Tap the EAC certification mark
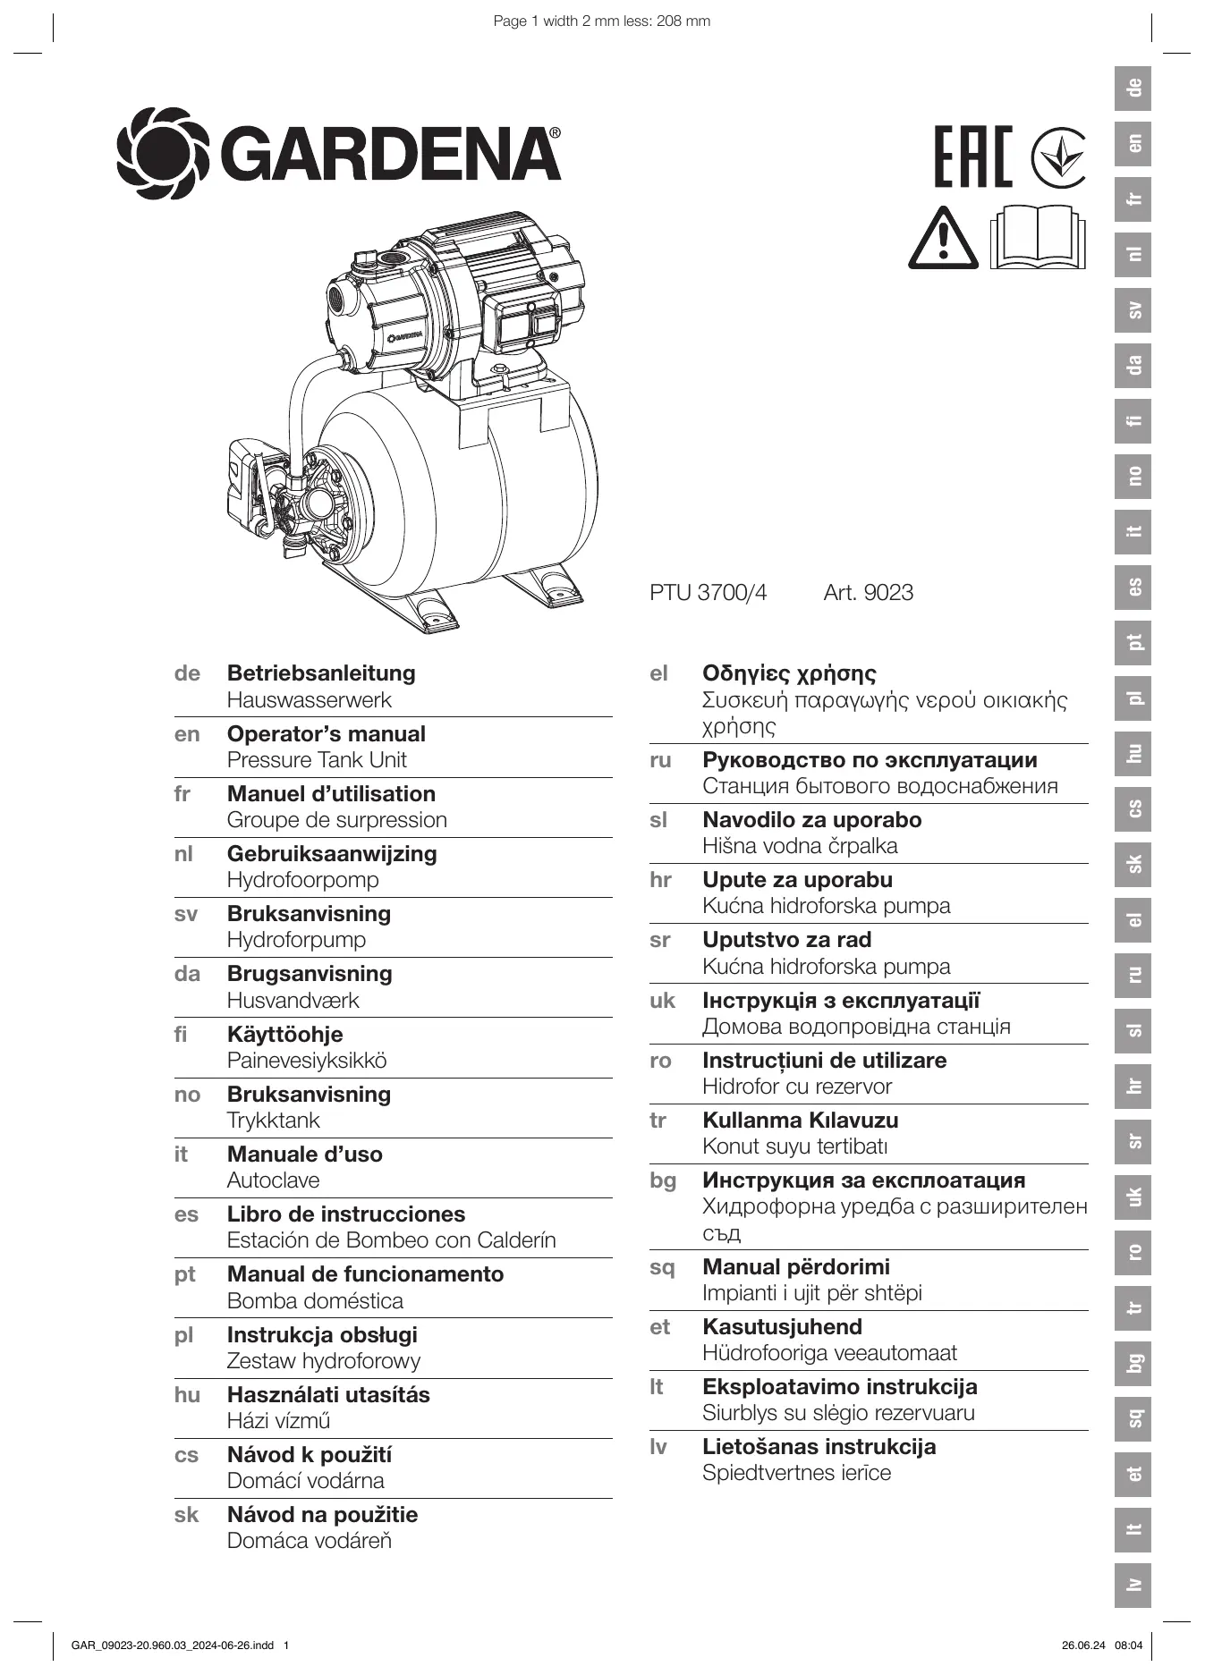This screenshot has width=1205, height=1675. coord(973,157)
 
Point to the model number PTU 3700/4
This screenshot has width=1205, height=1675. coord(708,592)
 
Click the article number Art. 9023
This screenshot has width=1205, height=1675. coord(868,592)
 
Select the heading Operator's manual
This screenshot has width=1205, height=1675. coord(326,734)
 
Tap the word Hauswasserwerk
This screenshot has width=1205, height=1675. coord(309,700)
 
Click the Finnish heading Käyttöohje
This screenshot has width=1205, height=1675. coord(284,1035)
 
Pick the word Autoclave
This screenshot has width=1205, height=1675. coord(273,1180)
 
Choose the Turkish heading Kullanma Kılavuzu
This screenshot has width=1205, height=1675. coord(800,1121)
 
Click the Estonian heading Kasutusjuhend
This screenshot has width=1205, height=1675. coord(782,1327)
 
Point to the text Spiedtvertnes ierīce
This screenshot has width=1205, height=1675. coord(796,1473)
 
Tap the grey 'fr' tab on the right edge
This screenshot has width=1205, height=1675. coord(1133,199)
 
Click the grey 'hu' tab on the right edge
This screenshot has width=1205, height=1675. coord(1133,753)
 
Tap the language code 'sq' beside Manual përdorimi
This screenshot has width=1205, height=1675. coord(662,1268)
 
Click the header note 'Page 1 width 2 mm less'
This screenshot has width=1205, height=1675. coord(601,21)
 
